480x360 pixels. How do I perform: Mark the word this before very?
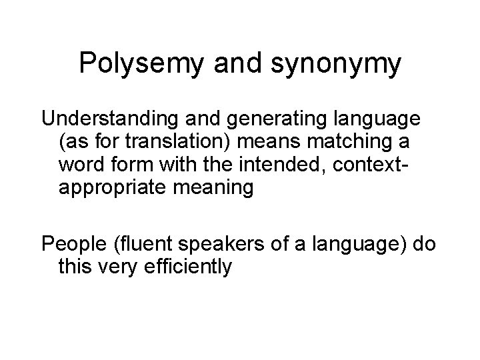click(x=74, y=267)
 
